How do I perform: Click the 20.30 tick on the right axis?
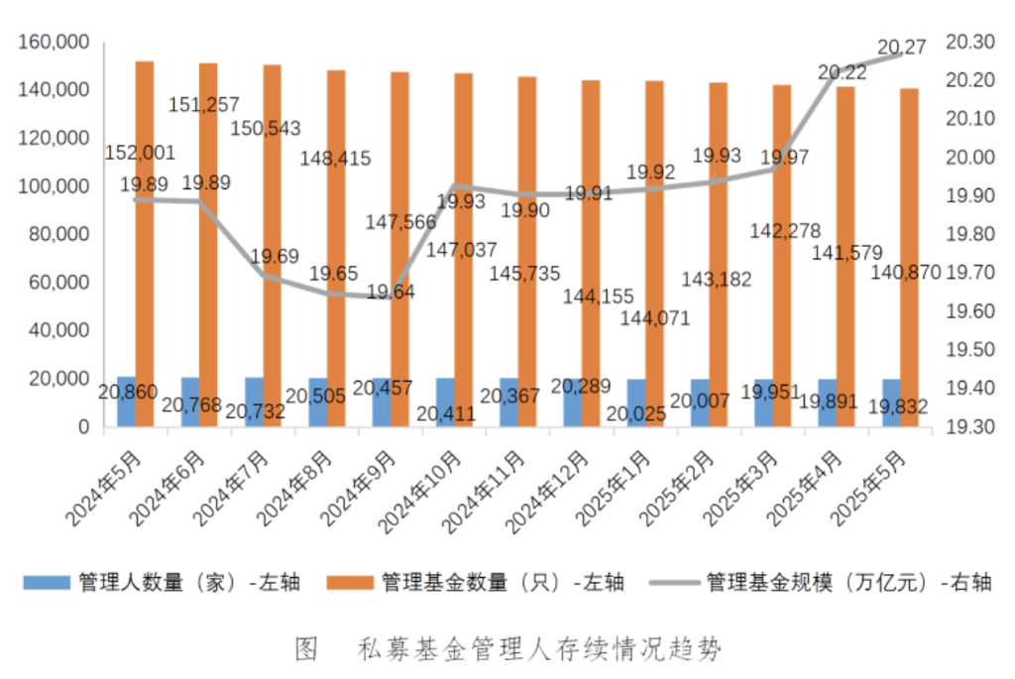pyautogui.click(x=968, y=43)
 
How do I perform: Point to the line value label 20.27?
pyautogui.click(x=902, y=46)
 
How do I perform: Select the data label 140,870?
pyautogui.click(x=905, y=273)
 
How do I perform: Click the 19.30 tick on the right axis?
pyautogui.click(x=968, y=427)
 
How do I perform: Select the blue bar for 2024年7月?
pyautogui.click(x=254, y=402)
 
